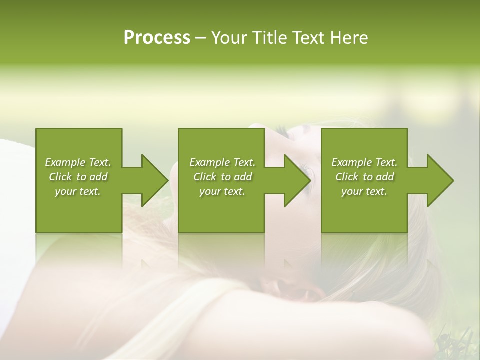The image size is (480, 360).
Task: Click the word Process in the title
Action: tap(157, 38)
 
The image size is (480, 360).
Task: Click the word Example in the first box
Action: tap(65, 162)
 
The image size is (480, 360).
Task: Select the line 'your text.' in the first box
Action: tap(78, 191)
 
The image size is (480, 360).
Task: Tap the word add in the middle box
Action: tap(243, 177)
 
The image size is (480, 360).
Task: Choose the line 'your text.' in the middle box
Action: tap(222, 191)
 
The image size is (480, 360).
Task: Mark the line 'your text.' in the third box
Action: tap(364, 191)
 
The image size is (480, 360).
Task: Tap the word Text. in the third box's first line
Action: tap(386, 162)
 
